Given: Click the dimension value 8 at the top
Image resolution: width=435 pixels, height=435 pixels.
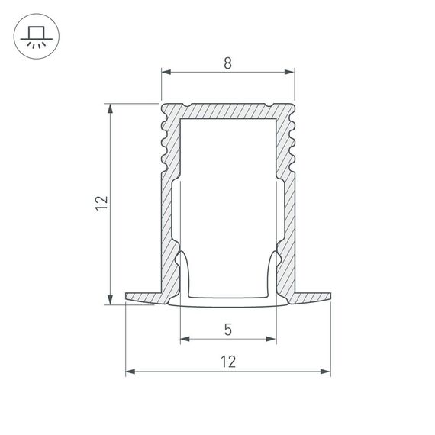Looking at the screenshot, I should pyautogui.click(x=227, y=64).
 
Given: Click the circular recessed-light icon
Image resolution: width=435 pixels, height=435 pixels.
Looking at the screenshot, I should pyautogui.click(x=34, y=35).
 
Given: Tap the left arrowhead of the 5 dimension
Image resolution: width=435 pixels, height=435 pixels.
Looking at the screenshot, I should pyautogui.click(x=184, y=338).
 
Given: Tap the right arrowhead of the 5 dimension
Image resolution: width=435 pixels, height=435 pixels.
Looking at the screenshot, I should pyautogui.click(x=271, y=338).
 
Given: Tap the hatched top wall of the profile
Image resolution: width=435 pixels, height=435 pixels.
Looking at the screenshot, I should pyautogui.click(x=227, y=109).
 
